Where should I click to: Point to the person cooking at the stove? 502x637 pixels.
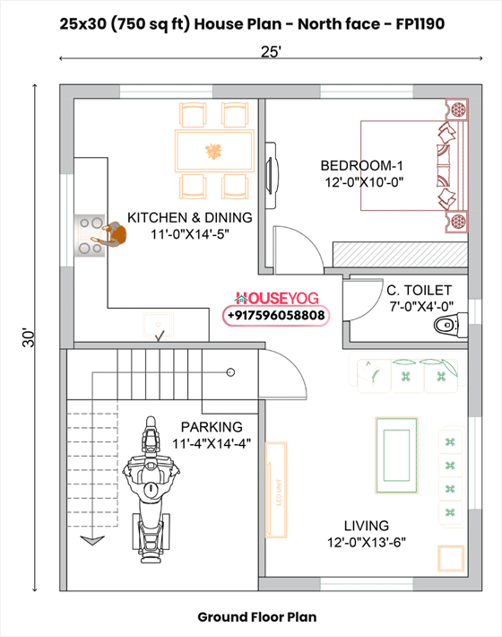(x=110, y=235)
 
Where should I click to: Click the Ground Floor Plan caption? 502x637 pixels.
(x=256, y=617)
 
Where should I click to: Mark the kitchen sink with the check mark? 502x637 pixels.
(x=159, y=327)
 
